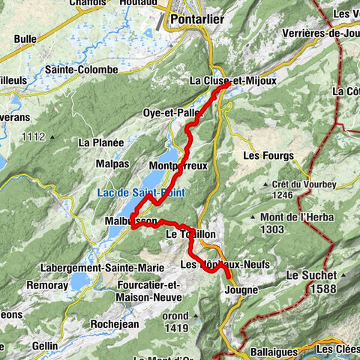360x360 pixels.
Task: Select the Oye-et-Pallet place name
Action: pyautogui.click(x=172, y=112)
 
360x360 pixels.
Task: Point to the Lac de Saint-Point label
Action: pyautogui.click(x=141, y=193)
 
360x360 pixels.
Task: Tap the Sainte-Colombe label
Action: pyautogui.click(x=81, y=70)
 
